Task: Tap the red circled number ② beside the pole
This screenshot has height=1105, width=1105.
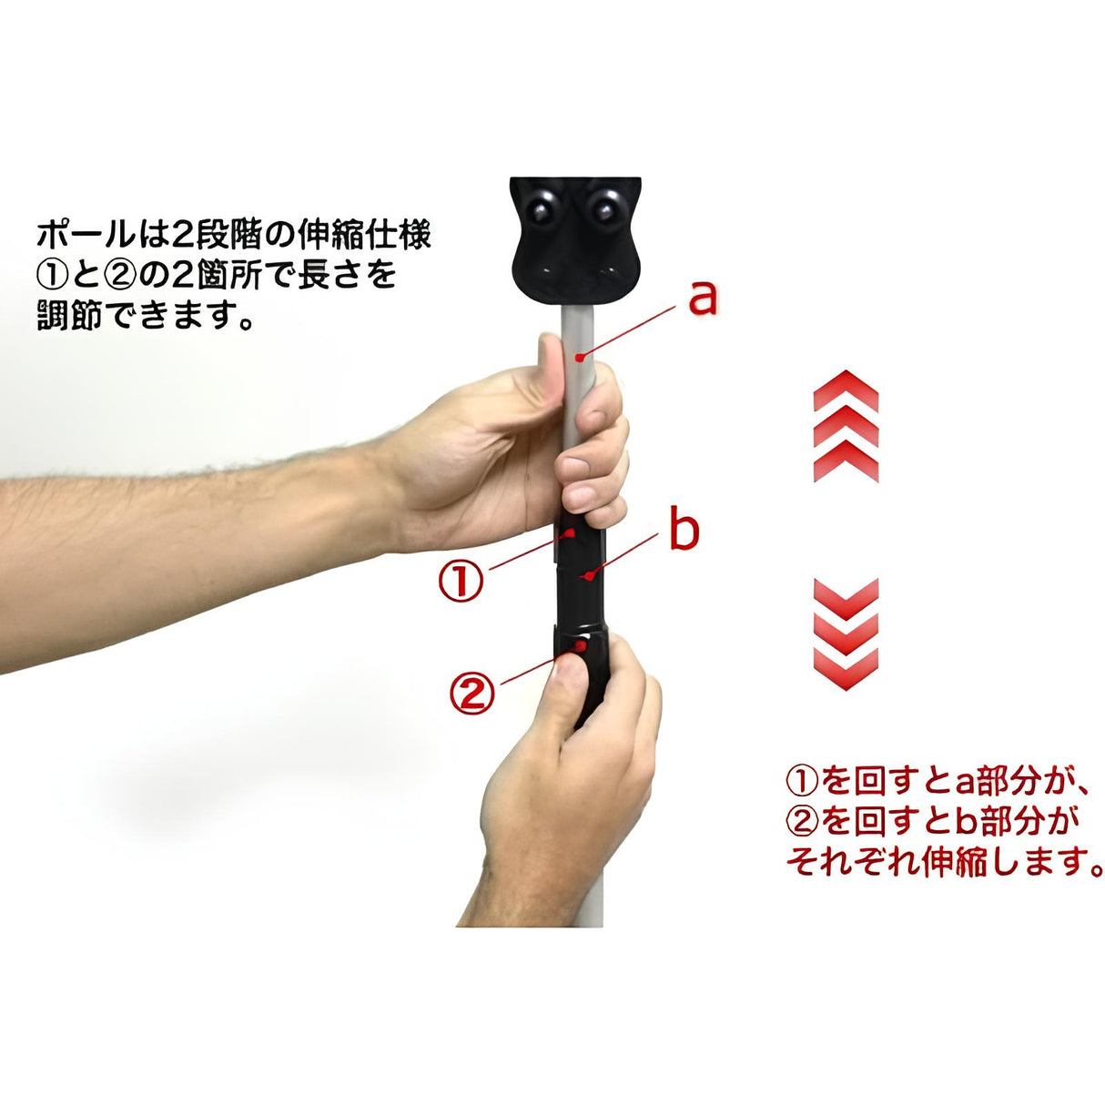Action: pos(471,693)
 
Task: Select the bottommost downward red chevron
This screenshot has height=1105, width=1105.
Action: pos(846,669)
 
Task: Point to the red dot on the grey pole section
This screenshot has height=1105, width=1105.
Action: pos(581,358)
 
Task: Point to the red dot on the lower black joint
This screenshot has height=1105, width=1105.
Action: pos(582,646)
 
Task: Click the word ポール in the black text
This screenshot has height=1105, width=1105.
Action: pos(86,235)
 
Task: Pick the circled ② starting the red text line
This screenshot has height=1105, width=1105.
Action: pos(800,822)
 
